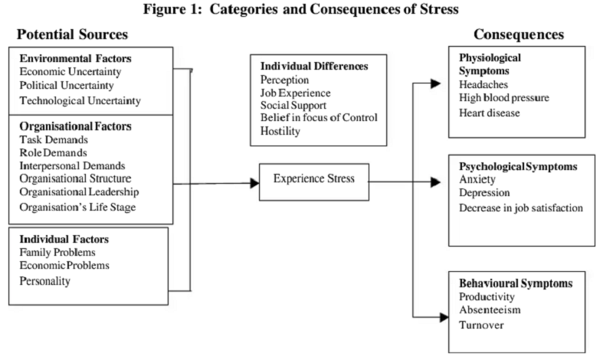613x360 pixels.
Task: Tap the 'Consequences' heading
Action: pos(519,34)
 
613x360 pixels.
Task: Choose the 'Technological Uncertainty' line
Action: pos(80,100)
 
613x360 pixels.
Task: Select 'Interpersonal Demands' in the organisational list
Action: pos(72,165)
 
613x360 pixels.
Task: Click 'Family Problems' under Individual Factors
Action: pos(57,252)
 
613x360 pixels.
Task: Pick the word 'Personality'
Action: pos(45,281)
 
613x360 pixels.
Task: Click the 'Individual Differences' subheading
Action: pos(313,67)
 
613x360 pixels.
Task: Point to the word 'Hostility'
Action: pos(280,131)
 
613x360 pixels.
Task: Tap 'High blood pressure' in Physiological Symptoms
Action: pos(504,98)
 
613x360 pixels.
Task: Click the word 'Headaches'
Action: pos(484,84)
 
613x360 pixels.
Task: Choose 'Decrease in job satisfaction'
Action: pos(521,208)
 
